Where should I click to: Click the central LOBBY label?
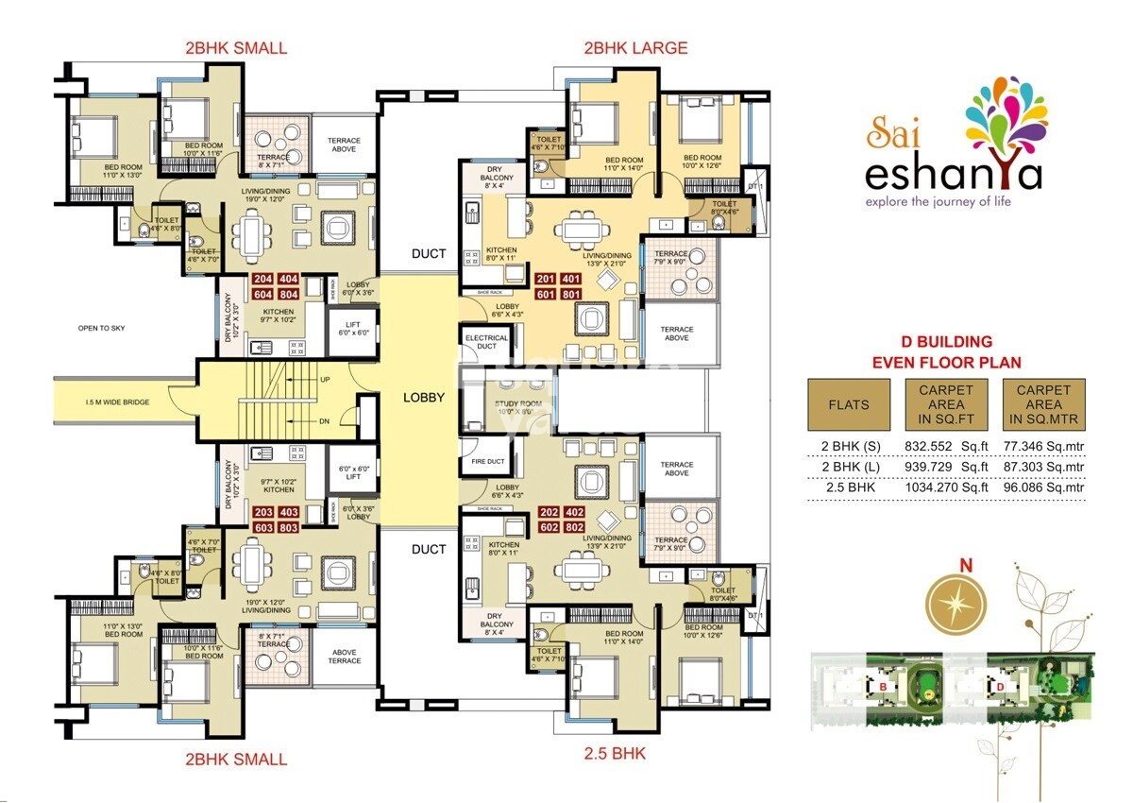(x=423, y=398)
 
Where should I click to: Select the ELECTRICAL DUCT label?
(x=486, y=342)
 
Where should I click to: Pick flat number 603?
(x=263, y=527)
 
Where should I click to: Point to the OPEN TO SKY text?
(x=101, y=328)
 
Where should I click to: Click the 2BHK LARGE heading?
(x=635, y=47)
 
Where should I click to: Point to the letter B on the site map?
(x=882, y=686)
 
